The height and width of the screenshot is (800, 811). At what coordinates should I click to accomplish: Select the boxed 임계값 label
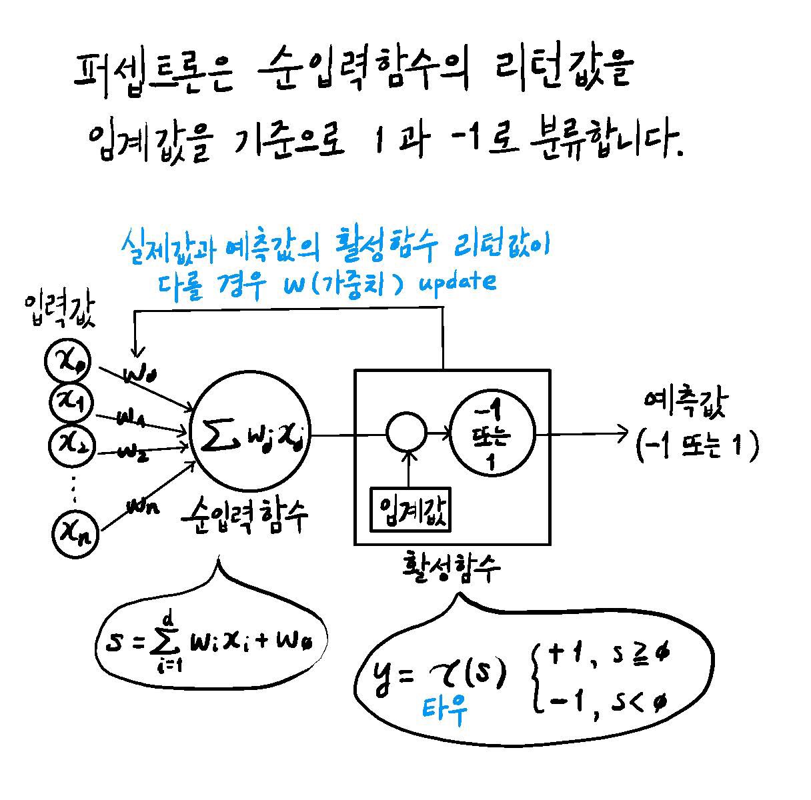(411, 511)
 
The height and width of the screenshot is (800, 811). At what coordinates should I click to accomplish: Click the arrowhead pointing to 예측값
(622, 434)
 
